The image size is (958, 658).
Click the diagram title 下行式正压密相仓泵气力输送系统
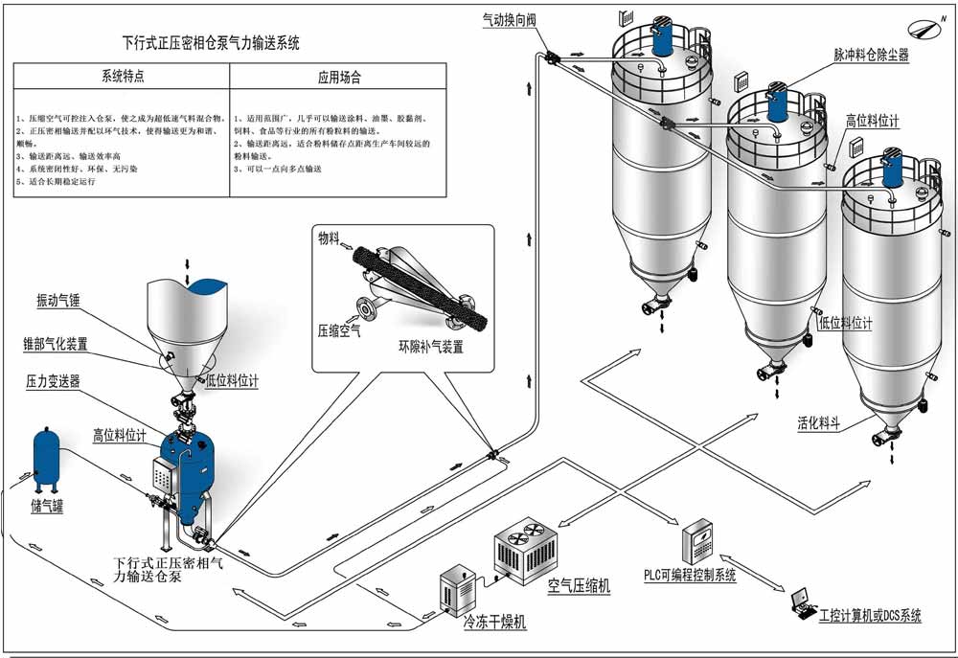pos(212,43)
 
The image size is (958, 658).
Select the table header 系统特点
pos(122,77)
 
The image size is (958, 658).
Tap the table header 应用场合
pos(338,77)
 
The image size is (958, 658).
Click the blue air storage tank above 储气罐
pos(45,455)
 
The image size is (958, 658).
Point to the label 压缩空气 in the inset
pos(339,330)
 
